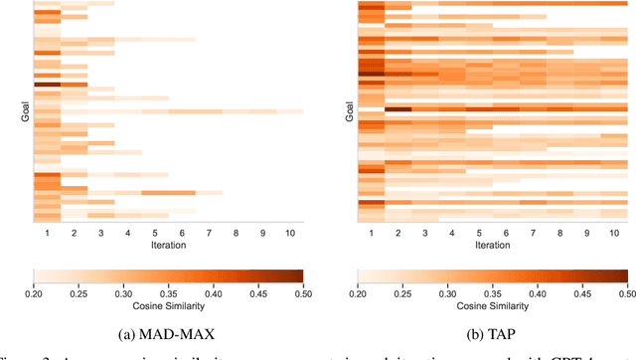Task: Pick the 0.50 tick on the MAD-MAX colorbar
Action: tap(302, 292)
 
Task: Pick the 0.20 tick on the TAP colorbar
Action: tap(359, 292)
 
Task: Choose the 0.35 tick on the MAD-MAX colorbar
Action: tap(168, 292)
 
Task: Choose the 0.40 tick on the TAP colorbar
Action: tap(538, 292)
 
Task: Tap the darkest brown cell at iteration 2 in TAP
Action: tap(398, 109)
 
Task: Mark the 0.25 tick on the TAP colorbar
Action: tap(403, 292)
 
